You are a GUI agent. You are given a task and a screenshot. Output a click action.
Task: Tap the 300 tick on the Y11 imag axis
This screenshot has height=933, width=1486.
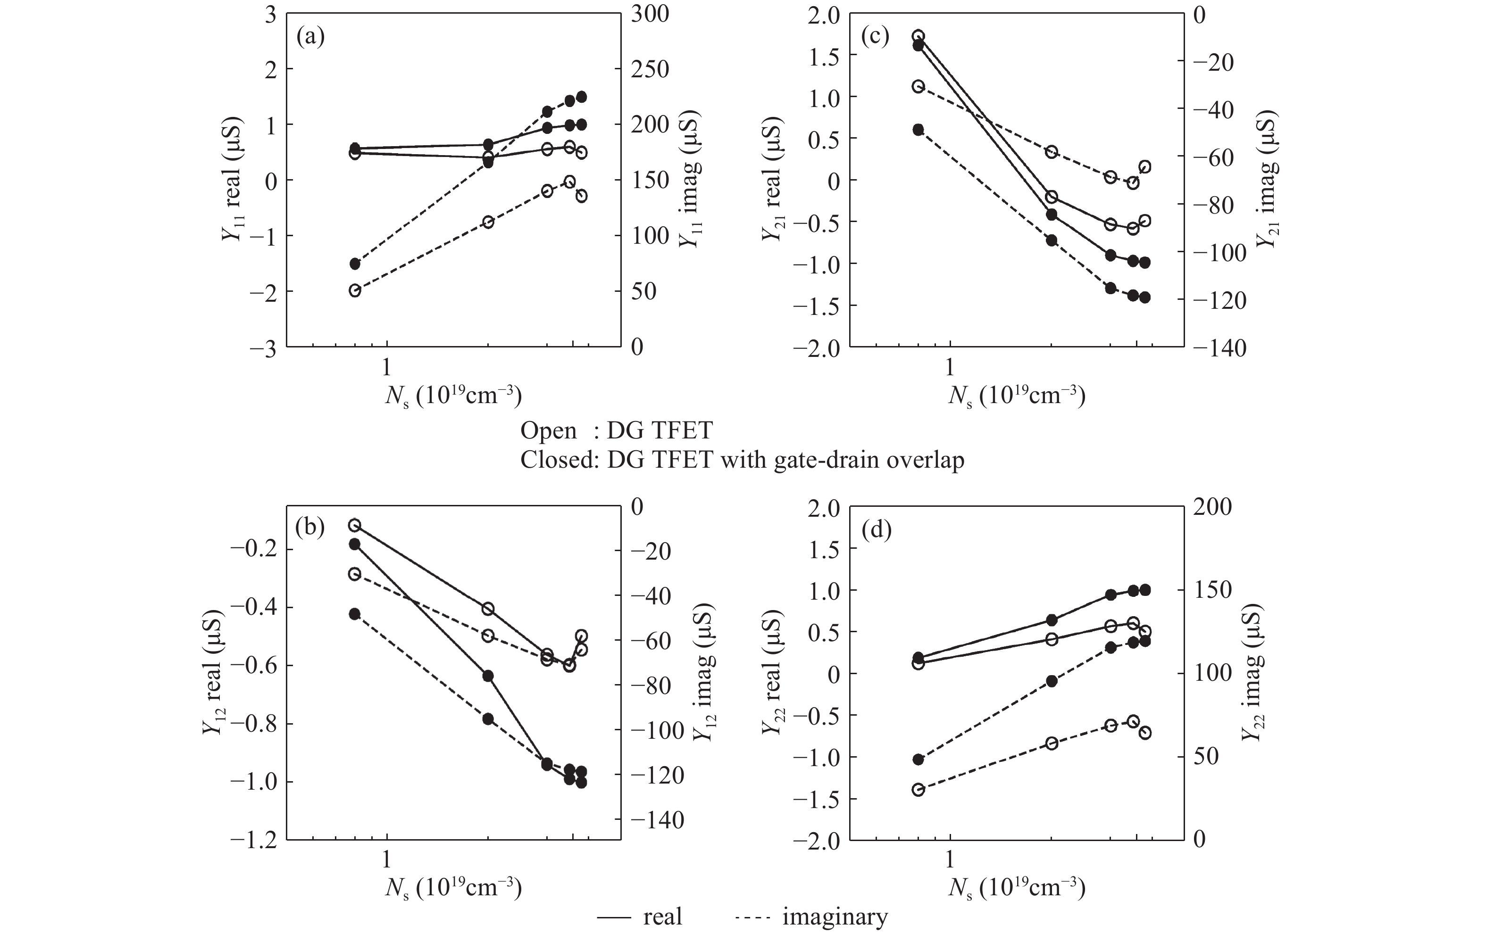649,14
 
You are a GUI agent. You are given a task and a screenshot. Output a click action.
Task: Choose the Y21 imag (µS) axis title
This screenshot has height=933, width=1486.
1268,180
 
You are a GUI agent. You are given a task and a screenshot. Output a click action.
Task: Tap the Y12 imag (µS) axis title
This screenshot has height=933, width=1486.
705,673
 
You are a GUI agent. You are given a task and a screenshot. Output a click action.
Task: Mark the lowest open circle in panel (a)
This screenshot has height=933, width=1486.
355,290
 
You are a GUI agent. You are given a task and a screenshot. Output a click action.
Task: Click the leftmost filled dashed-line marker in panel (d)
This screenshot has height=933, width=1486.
918,759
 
